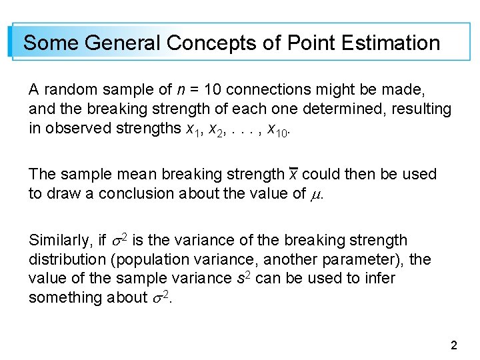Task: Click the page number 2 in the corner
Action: [x=454, y=345]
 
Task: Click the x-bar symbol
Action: [x=293, y=175]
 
